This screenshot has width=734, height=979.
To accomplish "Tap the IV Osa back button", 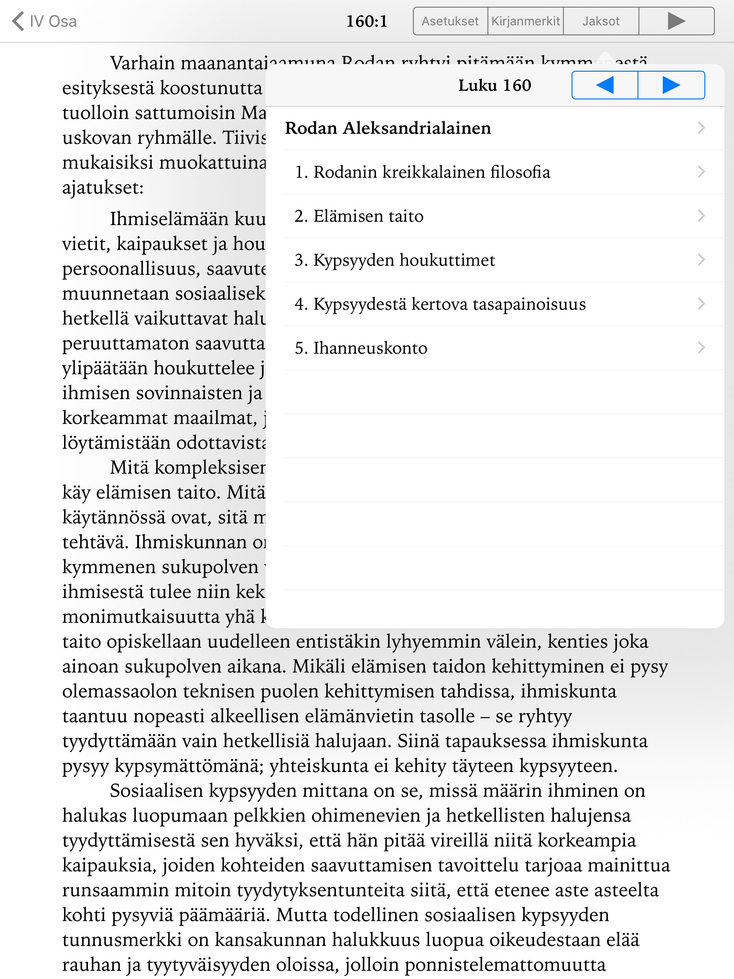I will pos(44,22).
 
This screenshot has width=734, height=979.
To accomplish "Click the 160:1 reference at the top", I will pos(367,22).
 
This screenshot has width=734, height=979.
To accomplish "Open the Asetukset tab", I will pos(450,22).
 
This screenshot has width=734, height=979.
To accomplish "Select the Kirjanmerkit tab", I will pos(526,22).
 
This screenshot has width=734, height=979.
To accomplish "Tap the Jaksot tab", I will pos(601,22).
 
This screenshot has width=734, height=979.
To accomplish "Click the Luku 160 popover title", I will pos(495,86).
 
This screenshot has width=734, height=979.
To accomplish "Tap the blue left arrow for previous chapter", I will pos(605,86).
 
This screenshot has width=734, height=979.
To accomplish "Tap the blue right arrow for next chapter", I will pos(671,86).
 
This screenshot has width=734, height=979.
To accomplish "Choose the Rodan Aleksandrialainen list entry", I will pos(388,128).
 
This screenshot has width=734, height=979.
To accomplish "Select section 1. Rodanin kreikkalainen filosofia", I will pos(422,172).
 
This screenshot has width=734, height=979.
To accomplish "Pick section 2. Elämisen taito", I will pos(359,216).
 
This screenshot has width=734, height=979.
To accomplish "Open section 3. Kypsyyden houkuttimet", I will pos(395,260).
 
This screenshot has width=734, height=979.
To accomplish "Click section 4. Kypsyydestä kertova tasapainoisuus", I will pos(440,304).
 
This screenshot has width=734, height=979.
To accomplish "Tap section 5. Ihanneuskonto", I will pos(361,348).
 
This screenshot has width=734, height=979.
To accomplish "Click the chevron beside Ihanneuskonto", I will pos(701,348).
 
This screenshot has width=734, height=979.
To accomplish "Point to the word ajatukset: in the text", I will pos(103,188).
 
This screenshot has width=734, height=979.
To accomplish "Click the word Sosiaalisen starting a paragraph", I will pos(156,791).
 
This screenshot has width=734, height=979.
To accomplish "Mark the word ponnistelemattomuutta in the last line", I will pos(505,965).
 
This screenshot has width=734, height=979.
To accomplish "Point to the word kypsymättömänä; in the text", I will pos(189,766).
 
